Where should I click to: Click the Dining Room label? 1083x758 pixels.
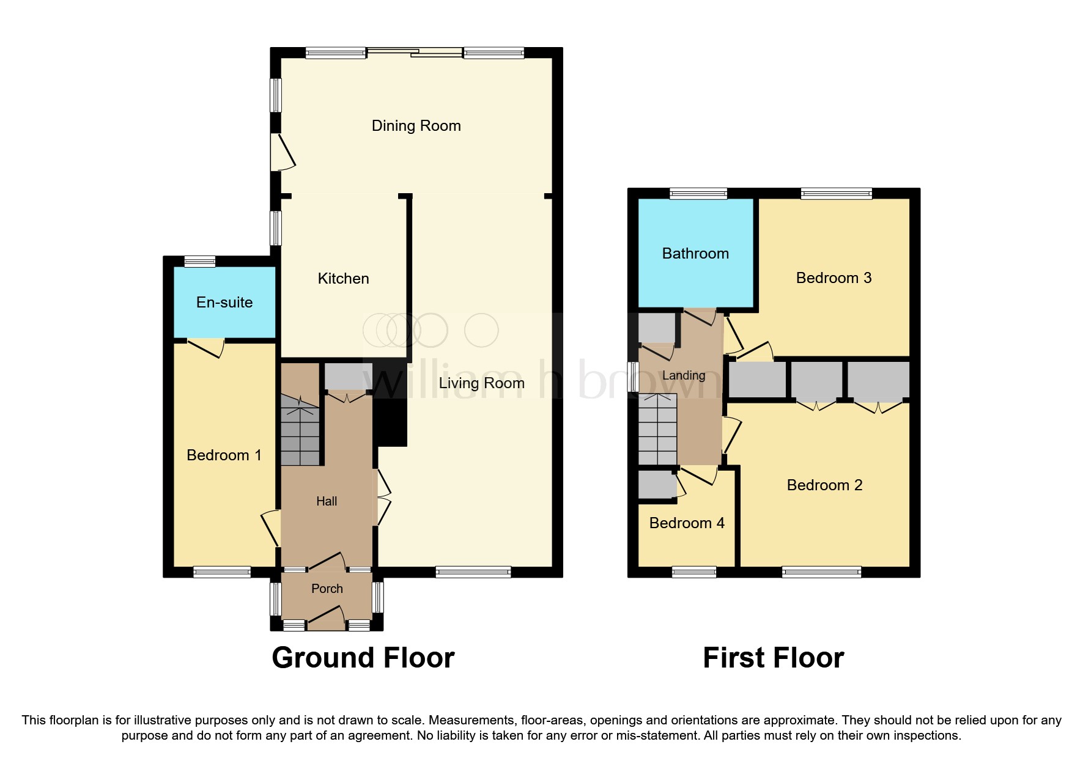tap(416, 126)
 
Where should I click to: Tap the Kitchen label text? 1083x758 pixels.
tap(343, 279)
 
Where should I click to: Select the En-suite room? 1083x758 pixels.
tap(224, 303)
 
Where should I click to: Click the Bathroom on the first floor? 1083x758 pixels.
tap(695, 254)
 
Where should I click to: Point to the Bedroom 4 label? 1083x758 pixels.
tap(686, 523)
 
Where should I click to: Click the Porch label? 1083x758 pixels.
tap(327, 589)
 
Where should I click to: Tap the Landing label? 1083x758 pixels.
tap(684, 375)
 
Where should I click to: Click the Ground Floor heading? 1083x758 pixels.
tap(363, 658)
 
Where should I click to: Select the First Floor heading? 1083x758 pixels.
tap(773, 658)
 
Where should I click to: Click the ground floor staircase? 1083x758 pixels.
tap(300, 431)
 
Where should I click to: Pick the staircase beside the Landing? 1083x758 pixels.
tap(657, 430)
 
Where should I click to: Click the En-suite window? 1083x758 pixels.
tap(200, 262)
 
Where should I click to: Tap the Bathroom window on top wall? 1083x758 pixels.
tap(698, 194)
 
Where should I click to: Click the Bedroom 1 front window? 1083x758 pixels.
tap(222, 572)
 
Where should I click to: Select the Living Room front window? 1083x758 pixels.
tap(473, 572)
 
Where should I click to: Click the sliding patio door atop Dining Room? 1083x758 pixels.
tap(414, 53)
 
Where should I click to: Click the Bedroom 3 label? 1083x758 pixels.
tap(833, 278)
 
